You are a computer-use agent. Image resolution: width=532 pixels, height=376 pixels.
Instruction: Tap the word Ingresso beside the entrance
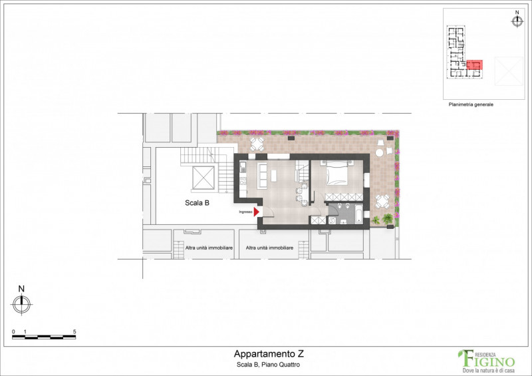click(246, 212)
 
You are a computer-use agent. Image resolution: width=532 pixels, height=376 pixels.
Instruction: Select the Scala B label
click(198, 204)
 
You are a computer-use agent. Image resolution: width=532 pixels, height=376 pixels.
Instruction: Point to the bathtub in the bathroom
click(358, 216)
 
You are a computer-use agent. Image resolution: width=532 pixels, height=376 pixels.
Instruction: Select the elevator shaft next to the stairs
click(200, 177)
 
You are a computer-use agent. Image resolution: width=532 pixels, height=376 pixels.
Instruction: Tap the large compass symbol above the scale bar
click(21, 304)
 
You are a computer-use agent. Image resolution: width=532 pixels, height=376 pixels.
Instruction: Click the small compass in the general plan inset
click(517, 21)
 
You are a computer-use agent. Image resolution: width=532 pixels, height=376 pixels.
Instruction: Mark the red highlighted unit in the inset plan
click(474, 65)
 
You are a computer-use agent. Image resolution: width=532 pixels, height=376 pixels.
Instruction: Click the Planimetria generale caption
click(471, 104)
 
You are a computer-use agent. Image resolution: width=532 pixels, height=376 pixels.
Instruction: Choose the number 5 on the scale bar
click(74, 331)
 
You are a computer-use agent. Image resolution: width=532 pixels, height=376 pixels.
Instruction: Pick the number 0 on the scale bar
click(13, 331)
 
